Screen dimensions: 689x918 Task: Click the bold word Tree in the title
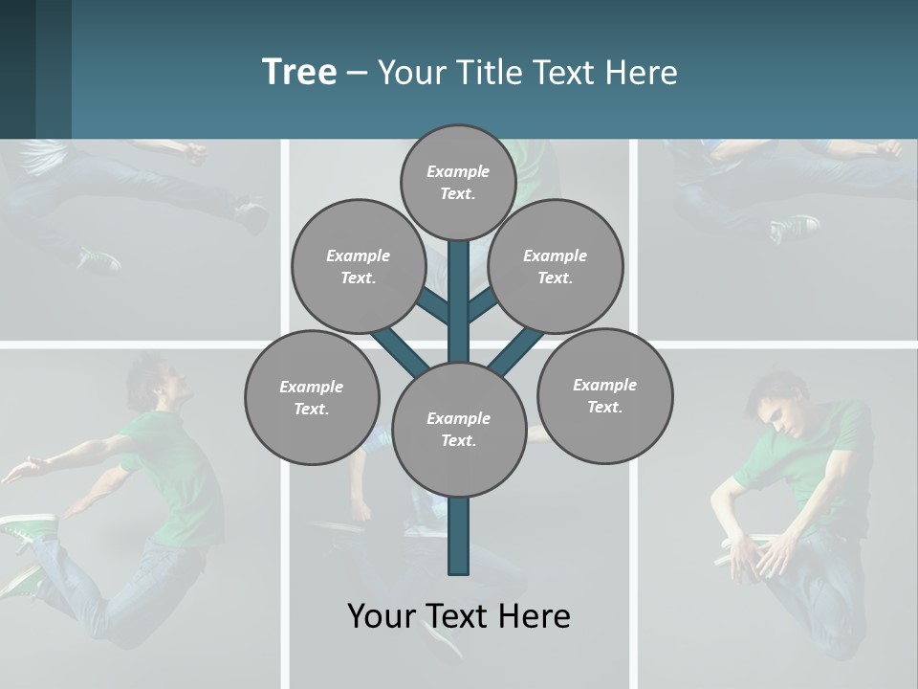click(299, 72)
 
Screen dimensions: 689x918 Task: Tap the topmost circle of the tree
click(458, 182)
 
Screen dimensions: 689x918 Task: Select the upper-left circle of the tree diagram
click(358, 266)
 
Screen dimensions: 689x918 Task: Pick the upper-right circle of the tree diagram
click(555, 266)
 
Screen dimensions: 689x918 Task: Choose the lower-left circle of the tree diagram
click(311, 397)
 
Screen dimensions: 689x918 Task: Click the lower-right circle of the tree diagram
click(604, 395)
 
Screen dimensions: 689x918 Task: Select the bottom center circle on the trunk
click(458, 429)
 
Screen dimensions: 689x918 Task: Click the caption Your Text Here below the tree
click(458, 615)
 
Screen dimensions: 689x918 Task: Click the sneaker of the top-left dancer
click(99, 258)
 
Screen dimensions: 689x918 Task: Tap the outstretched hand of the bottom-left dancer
click(29, 466)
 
